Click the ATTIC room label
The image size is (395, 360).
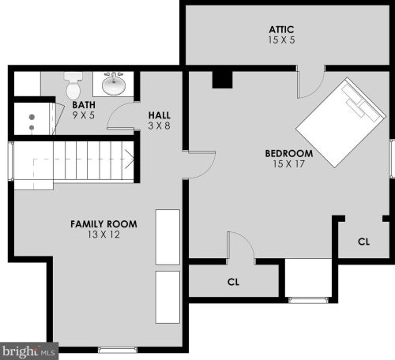click(x=280, y=28)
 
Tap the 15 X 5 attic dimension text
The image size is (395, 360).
click(x=280, y=39)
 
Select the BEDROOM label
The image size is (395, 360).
click(x=288, y=153)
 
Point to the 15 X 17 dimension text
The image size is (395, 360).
click(x=288, y=164)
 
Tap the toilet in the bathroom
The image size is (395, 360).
click(x=73, y=82)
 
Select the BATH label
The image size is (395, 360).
click(x=84, y=104)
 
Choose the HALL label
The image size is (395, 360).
click(x=159, y=115)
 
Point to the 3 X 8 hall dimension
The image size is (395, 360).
click(x=159, y=126)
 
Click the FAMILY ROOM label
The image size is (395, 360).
click(x=103, y=224)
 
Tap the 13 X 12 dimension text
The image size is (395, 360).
click(x=103, y=235)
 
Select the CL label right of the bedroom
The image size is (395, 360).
click(x=363, y=242)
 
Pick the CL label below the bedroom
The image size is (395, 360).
click(x=233, y=282)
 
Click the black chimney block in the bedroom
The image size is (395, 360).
click(x=222, y=80)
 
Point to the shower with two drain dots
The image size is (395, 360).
click(x=32, y=121)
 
